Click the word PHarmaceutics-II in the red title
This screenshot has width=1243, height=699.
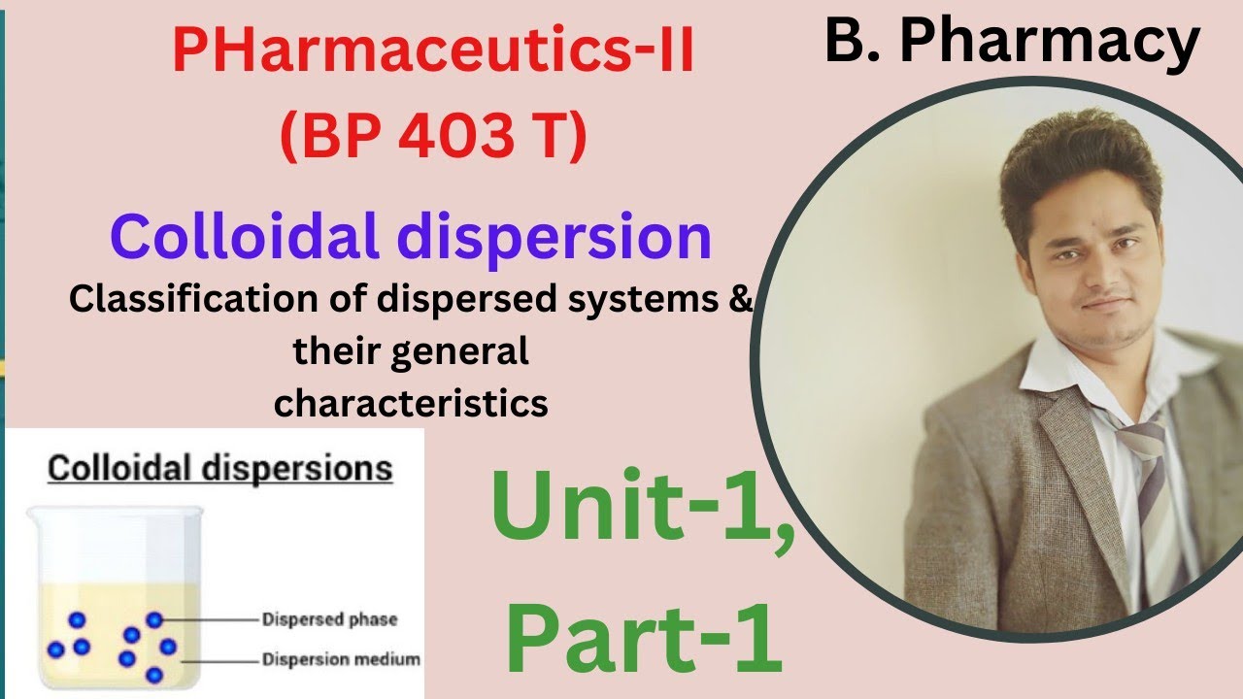pyautogui.click(x=433, y=53)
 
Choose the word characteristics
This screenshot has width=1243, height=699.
pyautogui.click(x=411, y=402)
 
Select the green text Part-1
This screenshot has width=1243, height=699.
pyautogui.click(x=644, y=639)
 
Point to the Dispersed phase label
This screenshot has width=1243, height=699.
pyautogui.click(x=330, y=619)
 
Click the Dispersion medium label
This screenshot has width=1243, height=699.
pyautogui.click(x=341, y=660)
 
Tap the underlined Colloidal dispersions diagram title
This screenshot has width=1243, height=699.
pyautogui.click(x=220, y=470)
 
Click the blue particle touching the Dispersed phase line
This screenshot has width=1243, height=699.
pyautogui.click(x=154, y=619)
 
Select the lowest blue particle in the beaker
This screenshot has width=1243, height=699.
pyautogui.click(x=153, y=675)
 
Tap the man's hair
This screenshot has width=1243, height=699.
pyautogui.click(x=1078, y=160)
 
